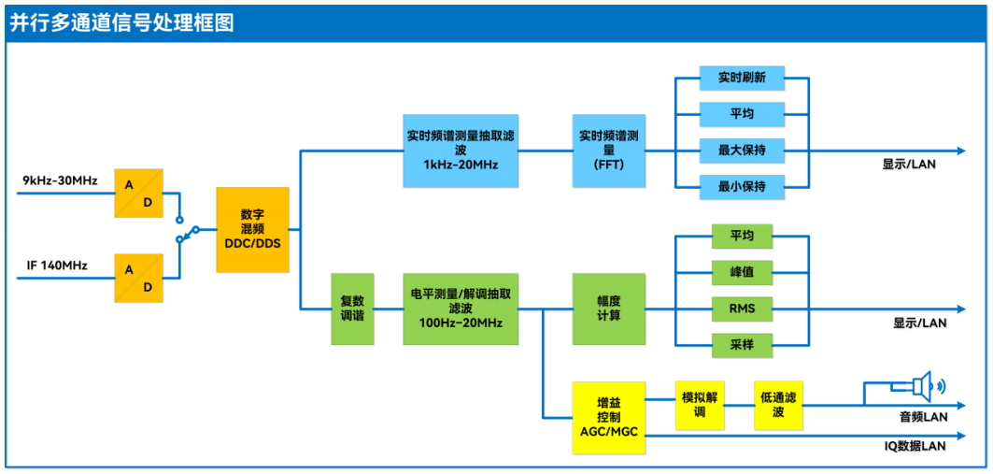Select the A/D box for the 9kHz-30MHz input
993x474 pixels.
(x=138, y=194)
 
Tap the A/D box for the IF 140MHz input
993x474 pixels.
(x=138, y=278)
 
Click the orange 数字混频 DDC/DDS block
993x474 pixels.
(x=252, y=230)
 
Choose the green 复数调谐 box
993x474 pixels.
(x=352, y=309)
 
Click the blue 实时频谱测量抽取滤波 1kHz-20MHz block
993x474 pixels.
(x=461, y=151)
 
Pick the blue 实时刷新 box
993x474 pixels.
(x=742, y=78)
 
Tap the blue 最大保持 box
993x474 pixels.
(x=742, y=151)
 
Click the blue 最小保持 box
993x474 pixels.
(x=742, y=187)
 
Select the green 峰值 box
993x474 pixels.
(x=742, y=272)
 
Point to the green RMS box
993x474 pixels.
(x=742, y=309)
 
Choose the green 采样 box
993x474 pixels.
(x=742, y=345)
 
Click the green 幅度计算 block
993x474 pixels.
(x=608, y=309)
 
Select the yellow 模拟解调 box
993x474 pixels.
(x=700, y=405)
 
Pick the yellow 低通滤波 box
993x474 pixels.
(x=778, y=405)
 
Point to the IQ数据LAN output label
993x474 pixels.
(x=915, y=446)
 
